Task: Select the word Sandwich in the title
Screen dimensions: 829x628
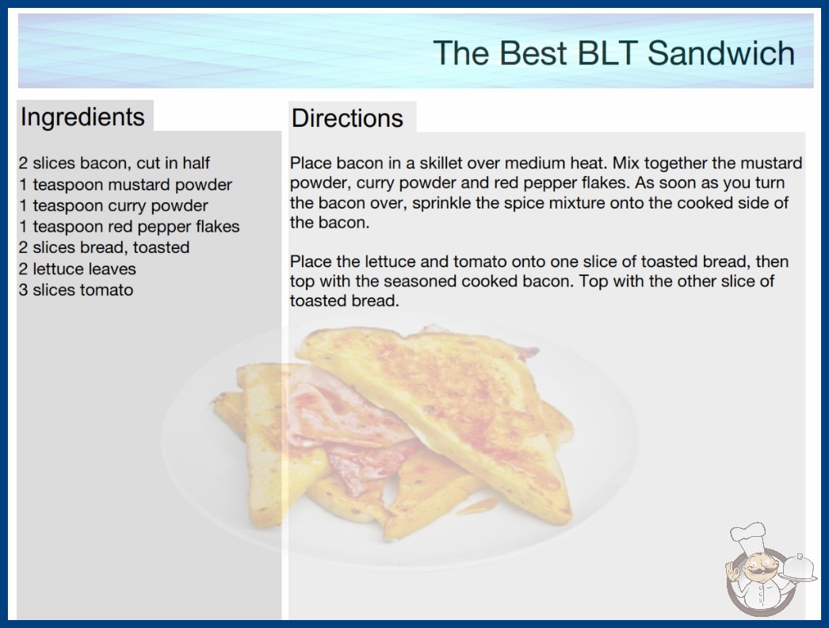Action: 720,53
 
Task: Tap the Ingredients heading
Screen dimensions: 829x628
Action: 82,117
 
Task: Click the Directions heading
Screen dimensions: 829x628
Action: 347,118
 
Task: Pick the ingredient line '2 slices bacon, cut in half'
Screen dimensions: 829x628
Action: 114,163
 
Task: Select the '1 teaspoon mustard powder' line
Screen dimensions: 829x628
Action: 125,185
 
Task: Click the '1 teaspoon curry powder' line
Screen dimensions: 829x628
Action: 113,205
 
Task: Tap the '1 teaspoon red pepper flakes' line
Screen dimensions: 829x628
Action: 129,227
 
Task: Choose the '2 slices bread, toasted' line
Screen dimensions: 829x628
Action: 104,247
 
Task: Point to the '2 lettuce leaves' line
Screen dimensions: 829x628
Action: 77,269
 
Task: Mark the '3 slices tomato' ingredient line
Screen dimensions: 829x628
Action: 76,290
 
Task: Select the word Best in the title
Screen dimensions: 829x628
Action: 533,53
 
